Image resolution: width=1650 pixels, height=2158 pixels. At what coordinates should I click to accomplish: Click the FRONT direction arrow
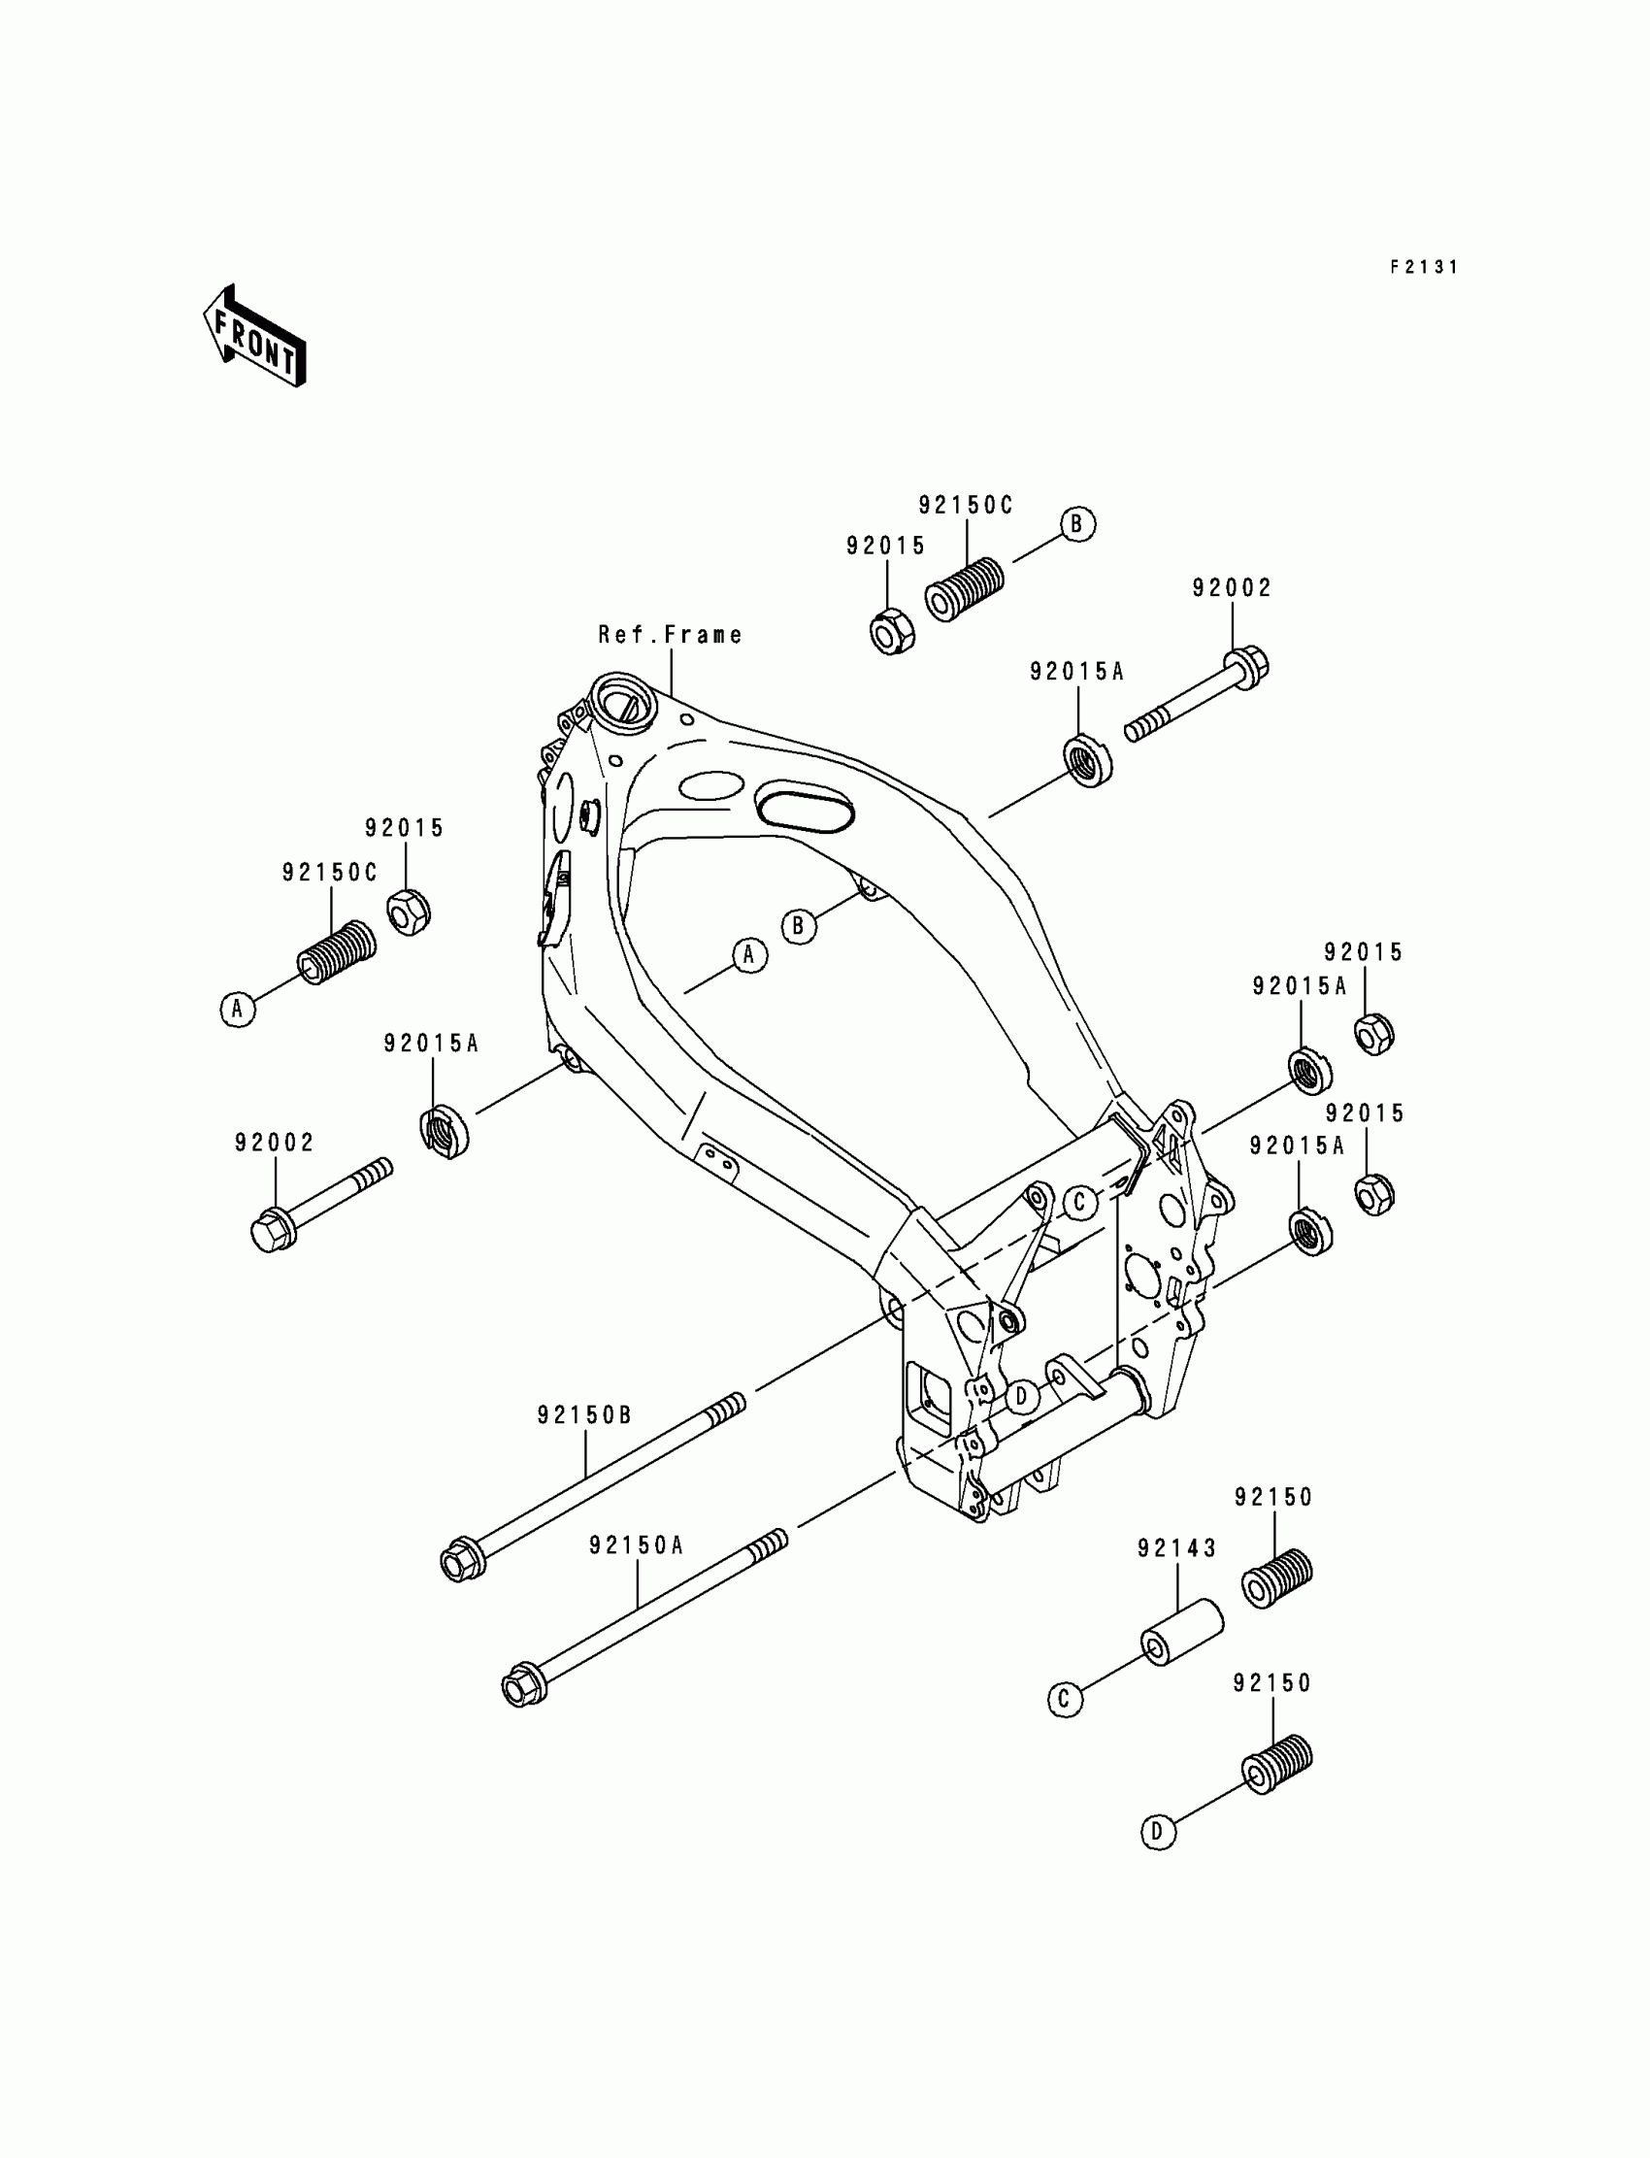[254, 337]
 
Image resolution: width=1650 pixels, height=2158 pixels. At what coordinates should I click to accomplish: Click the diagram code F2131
[1423, 267]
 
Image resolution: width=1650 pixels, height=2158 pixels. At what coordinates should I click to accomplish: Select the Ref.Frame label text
[670, 635]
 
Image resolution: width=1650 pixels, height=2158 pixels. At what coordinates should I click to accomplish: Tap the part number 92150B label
[585, 1415]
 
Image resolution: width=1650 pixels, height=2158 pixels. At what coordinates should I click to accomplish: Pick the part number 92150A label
[637, 1545]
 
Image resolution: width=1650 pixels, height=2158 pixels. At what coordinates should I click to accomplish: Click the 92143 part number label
[1176, 1549]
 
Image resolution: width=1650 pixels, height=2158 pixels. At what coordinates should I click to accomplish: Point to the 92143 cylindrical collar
[1180, 1634]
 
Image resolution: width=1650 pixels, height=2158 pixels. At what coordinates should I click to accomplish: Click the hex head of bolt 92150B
[459, 1561]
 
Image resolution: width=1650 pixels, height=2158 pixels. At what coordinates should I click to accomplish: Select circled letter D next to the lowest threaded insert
[1159, 1832]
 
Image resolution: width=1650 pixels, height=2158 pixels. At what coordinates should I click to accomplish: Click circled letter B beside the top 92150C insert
[1076, 524]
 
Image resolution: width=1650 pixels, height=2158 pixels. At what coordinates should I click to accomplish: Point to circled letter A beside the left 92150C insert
[238, 1009]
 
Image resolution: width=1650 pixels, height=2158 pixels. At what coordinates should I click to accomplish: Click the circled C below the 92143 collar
[1066, 1699]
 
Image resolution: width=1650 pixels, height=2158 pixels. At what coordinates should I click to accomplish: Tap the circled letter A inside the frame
[750, 955]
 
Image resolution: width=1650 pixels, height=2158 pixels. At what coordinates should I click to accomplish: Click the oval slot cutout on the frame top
[806, 806]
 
